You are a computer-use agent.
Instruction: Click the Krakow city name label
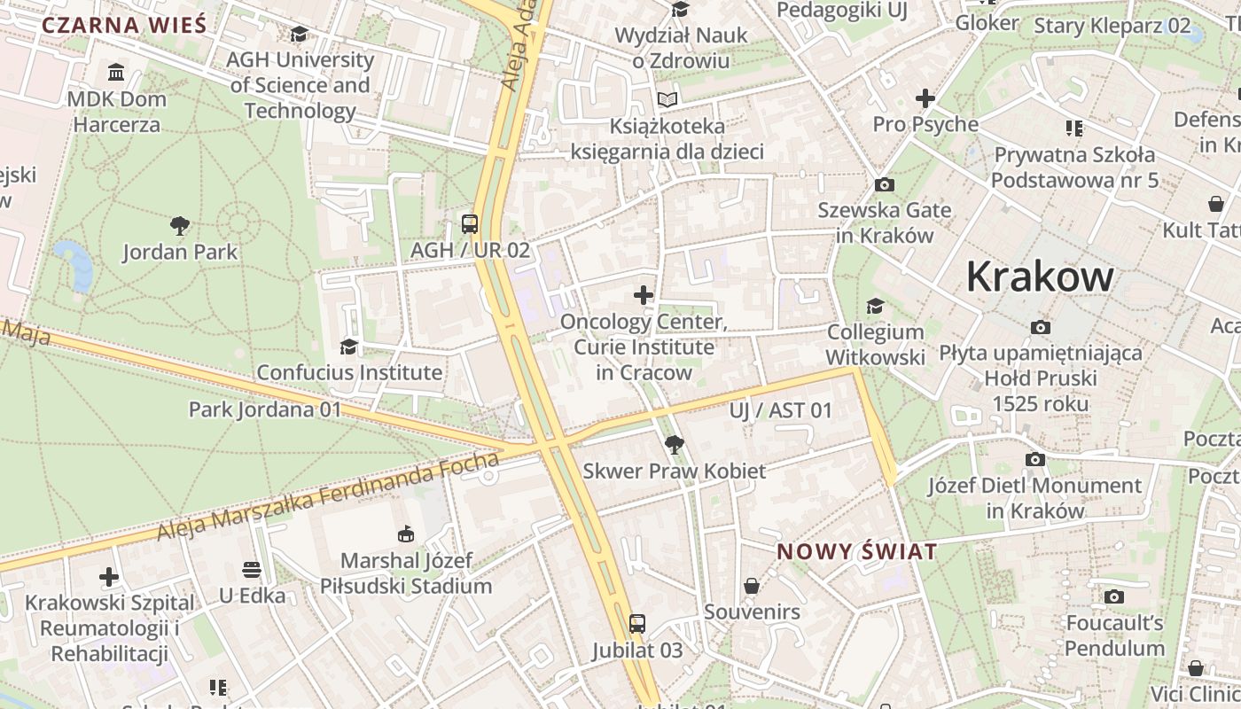click(x=1039, y=277)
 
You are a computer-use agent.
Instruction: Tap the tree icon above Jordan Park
click(x=180, y=225)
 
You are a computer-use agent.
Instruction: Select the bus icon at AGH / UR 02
click(x=470, y=223)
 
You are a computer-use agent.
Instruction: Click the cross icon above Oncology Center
click(x=644, y=295)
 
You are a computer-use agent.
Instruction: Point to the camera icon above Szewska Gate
click(x=884, y=184)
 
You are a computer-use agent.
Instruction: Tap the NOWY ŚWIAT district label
click(x=856, y=552)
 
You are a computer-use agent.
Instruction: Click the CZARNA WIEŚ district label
click(x=124, y=25)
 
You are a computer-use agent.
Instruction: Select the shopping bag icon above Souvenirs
click(x=752, y=586)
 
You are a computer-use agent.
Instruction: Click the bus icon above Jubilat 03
click(x=637, y=623)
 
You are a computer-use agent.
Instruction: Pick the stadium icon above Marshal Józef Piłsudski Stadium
click(x=406, y=534)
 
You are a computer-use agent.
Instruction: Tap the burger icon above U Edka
click(x=252, y=568)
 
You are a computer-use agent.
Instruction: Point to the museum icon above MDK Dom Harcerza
click(x=116, y=72)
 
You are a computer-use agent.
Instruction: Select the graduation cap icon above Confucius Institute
click(x=348, y=346)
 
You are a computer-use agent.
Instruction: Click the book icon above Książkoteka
click(x=667, y=99)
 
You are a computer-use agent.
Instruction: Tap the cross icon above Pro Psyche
click(x=925, y=97)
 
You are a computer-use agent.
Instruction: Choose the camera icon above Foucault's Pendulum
click(x=1114, y=596)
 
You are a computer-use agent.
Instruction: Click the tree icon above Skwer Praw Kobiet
click(x=674, y=444)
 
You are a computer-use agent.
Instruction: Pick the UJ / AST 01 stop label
click(x=781, y=410)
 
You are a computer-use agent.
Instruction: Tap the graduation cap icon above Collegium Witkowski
click(x=875, y=306)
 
